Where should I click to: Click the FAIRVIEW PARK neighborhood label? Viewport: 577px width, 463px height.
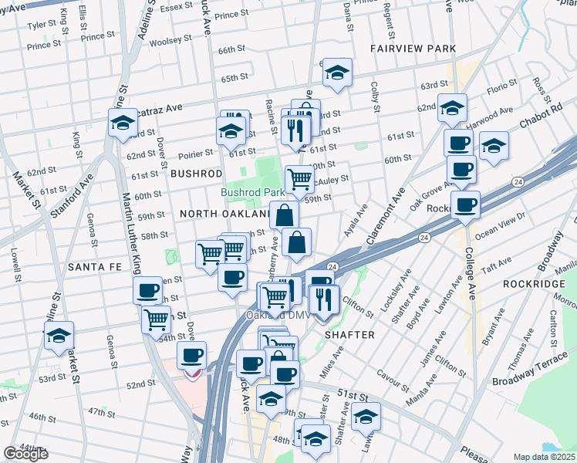click(412, 48)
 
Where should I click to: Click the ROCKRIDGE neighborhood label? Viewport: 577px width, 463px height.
click(529, 285)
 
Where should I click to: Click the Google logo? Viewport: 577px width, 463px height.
click(25, 454)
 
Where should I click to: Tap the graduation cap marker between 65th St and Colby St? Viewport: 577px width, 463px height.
click(337, 73)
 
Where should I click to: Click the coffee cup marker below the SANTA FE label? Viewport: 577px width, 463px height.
click(147, 291)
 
